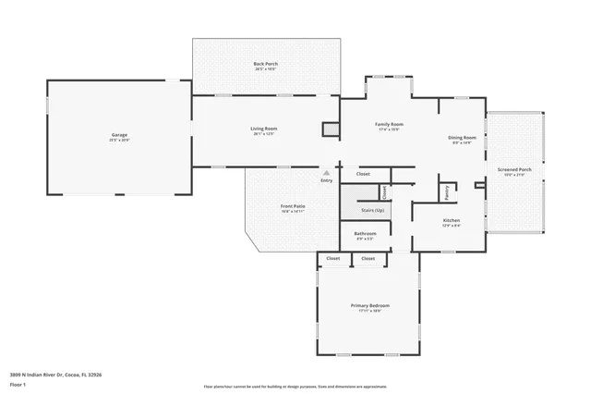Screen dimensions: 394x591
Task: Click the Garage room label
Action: [x=119, y=135]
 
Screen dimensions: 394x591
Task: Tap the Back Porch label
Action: [x=266, y=64]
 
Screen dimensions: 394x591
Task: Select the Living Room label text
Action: [x=264, y=129]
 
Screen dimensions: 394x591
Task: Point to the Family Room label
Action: [x=389, y=124]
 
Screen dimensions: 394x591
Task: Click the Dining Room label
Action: [x=462, y=137]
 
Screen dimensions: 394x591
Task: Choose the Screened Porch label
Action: [x=514, y=169]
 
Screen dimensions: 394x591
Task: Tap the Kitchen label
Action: [x=450, y=220]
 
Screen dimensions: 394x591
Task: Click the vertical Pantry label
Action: [x=447, y=191]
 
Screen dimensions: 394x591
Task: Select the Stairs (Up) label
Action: [x=361, y=210]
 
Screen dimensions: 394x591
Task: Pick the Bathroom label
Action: [x=365, y=233]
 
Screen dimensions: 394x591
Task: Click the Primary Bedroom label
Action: [x=369, y=305]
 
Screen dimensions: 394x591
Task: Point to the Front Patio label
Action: [x=293, y=206]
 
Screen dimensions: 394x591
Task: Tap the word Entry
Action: [x=326, y=180]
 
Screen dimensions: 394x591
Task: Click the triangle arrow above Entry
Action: [x=326, y=172]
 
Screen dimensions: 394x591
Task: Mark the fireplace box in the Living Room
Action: [x=331, y=130]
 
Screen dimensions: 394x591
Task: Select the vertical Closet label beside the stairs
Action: [x=384, y=191]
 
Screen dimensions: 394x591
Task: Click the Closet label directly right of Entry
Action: [x=363, y=173]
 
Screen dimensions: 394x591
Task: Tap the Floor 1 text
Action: [x=17, y=384]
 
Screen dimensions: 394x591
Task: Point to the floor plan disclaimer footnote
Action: [x=295, y=387]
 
